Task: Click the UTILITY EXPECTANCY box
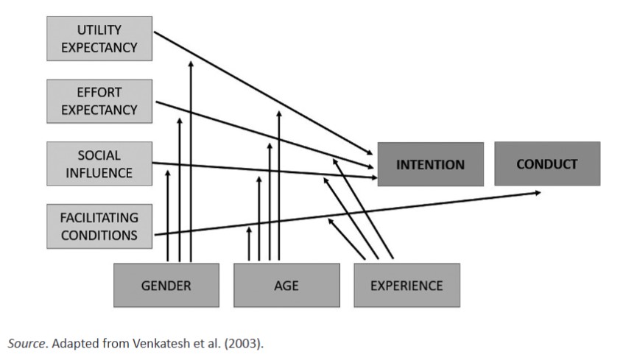(99, 39)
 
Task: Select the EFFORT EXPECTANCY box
(99, 102)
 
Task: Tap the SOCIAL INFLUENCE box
(99, 164)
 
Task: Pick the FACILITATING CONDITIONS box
(99, 226)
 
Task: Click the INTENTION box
(430, 164)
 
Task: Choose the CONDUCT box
(546, 163)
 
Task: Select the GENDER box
(166, 285)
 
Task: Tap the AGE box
(286, 285)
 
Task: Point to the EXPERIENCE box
(407, 285)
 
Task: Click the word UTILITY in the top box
(99, 30)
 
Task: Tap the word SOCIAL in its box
(99, 156)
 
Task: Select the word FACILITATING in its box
(99, 218)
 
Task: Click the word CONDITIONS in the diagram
(99, 235)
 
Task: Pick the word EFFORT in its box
(99, 93)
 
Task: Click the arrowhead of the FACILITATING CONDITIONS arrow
(538, 192)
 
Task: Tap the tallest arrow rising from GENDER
(191, 162)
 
